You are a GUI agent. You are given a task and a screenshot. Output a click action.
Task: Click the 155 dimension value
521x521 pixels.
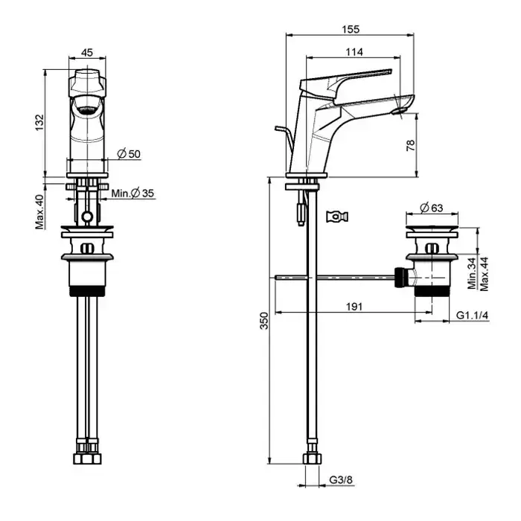click(x=351, y=30)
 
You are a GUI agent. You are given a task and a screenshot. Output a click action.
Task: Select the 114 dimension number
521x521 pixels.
click(x=354, y=51)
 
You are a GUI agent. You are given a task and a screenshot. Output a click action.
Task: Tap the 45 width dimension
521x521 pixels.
click(x=87, y=52)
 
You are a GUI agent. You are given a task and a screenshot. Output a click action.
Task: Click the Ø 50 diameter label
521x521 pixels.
click(x=130, y=154)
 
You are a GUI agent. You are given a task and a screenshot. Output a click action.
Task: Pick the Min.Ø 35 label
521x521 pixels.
click(x=133, y=194)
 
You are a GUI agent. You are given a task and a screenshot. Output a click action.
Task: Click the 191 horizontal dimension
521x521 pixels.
click(x=352, y=306)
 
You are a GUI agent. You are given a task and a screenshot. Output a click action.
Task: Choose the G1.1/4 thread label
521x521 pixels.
click(x=472, y=316)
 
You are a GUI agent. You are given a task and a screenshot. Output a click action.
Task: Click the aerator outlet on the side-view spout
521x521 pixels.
click(x=400, y=112)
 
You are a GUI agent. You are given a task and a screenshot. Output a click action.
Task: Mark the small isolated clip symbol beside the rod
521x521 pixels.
click(x=336, y=216)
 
